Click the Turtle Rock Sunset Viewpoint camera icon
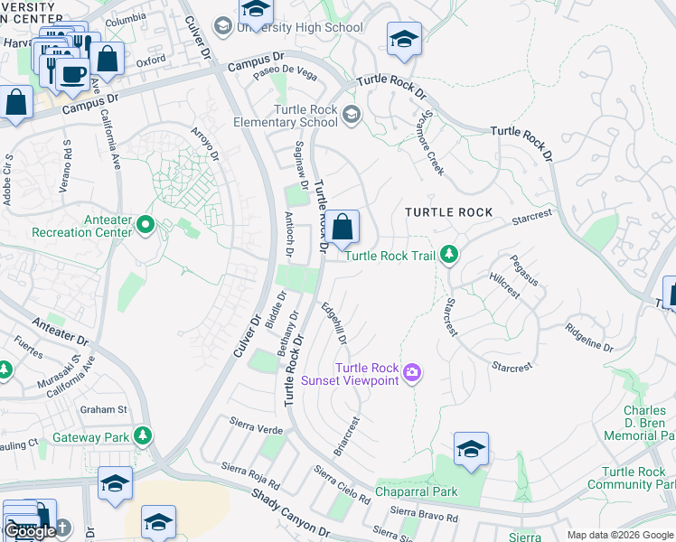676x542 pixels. click(413, 373)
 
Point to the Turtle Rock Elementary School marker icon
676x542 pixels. click(351, 115)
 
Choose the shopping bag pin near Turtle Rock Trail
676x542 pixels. click(343, 228)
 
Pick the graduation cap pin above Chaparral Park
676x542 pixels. click(471, 450)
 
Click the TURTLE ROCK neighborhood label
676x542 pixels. click(449, 212)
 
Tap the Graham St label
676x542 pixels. click(102, 409)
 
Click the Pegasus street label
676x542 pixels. click(524, 271)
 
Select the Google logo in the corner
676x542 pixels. click(31, 532)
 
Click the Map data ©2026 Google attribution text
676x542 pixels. click(620, 535)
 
